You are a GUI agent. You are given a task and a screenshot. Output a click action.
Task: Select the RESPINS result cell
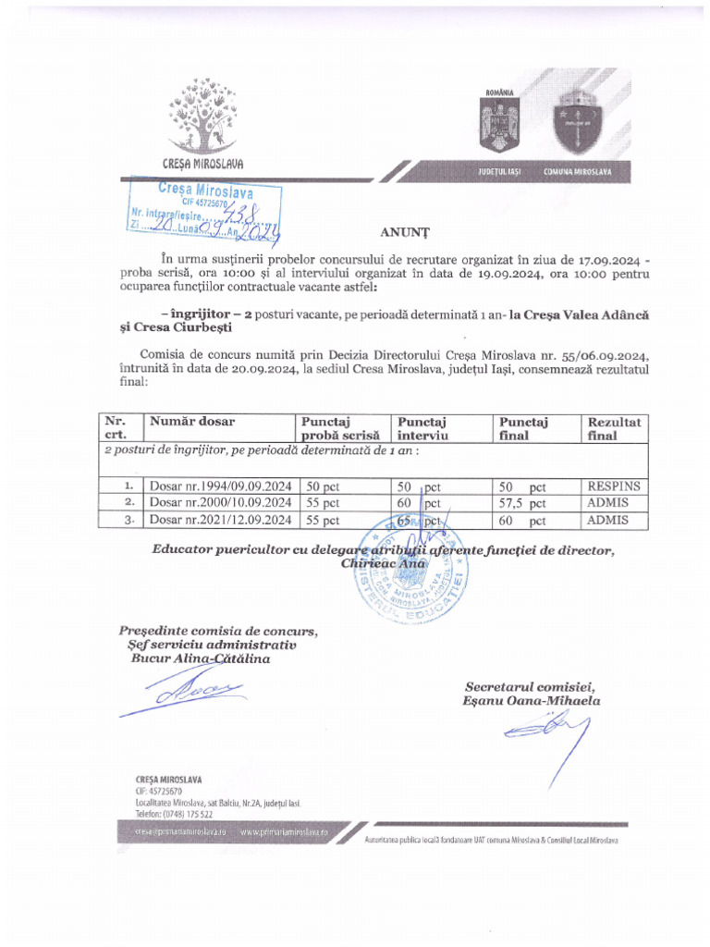point(613,485)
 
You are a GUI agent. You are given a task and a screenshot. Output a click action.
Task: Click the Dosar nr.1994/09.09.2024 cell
point(221,486)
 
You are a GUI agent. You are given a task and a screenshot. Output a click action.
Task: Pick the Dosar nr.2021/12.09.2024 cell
point(221,521)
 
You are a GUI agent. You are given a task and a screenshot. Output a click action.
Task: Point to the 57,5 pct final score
point(522,503)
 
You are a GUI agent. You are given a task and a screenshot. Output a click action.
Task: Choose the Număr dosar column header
point(192,422)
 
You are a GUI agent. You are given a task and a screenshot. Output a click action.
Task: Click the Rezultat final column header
point(614,428)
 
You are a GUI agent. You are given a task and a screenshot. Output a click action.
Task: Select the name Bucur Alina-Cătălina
point(201,658)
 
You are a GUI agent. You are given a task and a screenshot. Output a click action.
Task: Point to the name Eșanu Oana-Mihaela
point(532,701)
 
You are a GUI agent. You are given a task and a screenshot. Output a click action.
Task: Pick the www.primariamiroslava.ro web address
point(285,832)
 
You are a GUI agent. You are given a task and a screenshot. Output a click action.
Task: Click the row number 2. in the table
point(129,503)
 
